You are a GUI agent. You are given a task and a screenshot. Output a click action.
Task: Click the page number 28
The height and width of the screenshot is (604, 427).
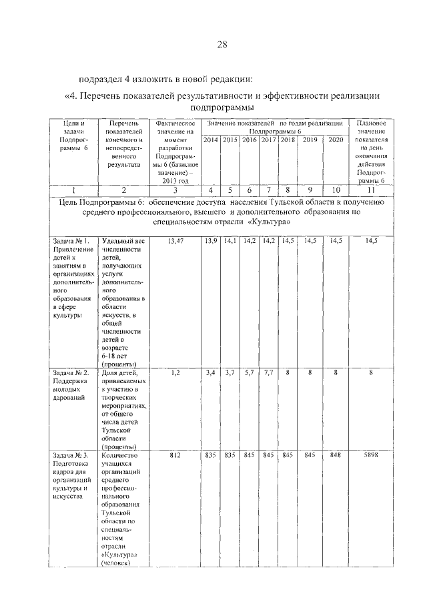(x=222, y=45)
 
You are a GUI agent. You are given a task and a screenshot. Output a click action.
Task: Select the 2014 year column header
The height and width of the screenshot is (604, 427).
(x=211, y=140)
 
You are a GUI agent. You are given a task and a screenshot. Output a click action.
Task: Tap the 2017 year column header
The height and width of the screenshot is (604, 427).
(x=269, y=140)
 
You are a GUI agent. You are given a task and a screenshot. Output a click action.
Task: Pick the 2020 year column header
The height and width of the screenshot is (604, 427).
(x=336, y=140)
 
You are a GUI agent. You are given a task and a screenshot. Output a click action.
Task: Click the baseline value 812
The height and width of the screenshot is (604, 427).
(x=175, y=456)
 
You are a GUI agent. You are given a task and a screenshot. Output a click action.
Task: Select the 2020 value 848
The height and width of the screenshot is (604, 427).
(x=336, y=456)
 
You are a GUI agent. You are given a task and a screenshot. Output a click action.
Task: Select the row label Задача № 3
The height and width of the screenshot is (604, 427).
(x=67, y=456)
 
